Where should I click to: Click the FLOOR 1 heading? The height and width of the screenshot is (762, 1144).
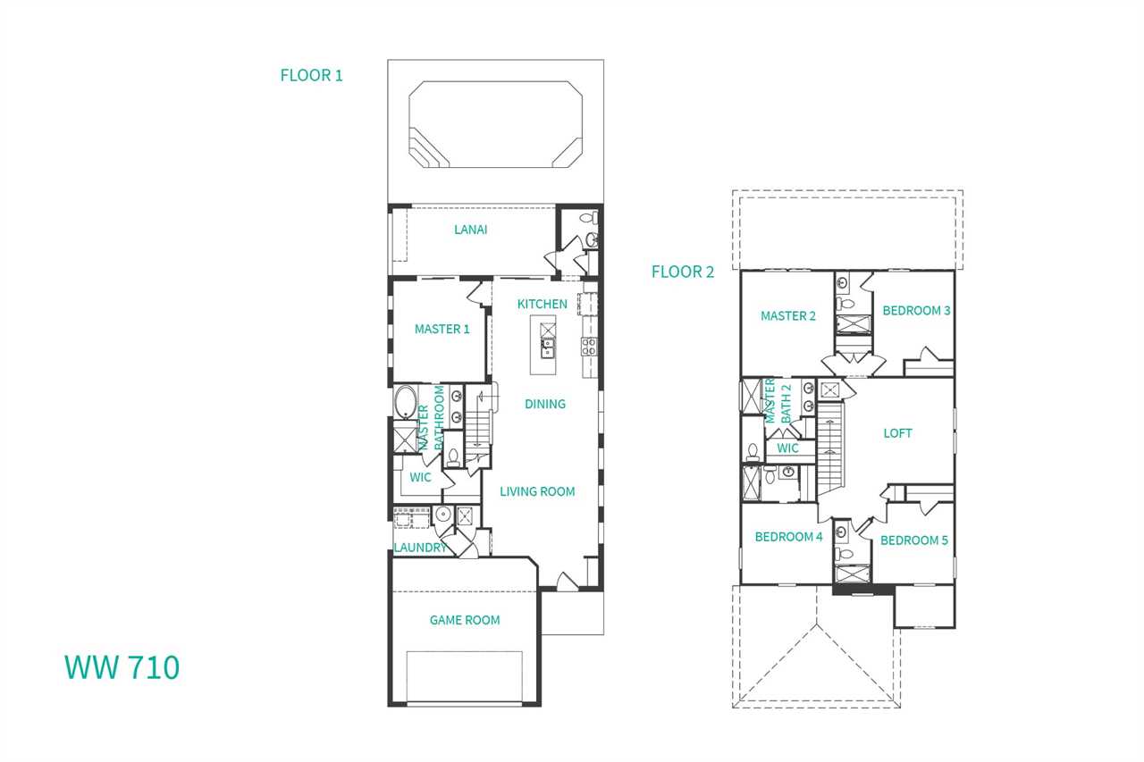click(311, 76)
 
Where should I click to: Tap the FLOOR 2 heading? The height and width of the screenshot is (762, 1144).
click(682, 272)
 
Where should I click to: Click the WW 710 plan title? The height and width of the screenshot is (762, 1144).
click(122, 667)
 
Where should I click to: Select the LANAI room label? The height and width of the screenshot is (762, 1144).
click(470, 230)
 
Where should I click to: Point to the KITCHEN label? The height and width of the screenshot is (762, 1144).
click(542, 305)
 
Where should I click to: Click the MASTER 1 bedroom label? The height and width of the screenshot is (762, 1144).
click(442, 330)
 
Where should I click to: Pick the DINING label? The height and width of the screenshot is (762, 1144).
click(545, 404)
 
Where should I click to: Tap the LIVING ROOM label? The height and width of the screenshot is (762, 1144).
click(537, 491)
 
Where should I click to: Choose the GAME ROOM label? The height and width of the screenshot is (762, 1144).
click(464, 620)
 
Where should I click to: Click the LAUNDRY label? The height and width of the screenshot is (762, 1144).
click(420, 548)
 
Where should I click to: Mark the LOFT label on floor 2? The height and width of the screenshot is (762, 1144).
click(897, 433)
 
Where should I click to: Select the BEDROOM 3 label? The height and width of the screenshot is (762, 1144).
click(916, 311)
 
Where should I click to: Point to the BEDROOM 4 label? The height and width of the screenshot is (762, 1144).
click(788, 537)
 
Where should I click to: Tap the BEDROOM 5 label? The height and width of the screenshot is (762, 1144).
click(913, 540)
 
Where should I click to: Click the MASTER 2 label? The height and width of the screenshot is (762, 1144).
click(788, 316)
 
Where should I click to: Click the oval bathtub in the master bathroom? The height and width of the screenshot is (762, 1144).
click(406, 402)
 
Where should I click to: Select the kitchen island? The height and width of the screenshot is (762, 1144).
click(543, 345)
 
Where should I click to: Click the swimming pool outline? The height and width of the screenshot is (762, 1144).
click(495, 81)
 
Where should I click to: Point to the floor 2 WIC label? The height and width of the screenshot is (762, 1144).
click(787, 448)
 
